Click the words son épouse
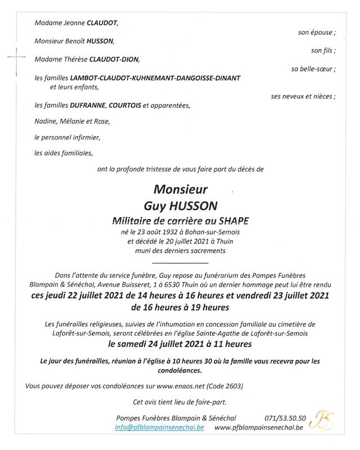click(317, 33)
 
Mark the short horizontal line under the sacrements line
click(180, 263)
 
